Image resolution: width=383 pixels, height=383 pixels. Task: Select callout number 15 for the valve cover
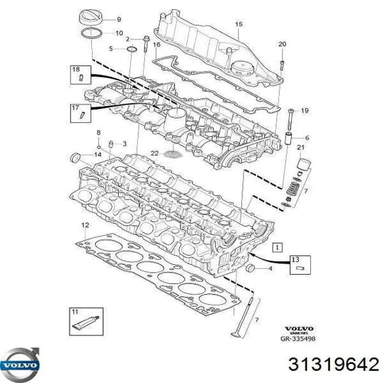click(x=238, y=24)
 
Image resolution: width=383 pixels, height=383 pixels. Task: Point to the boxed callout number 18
click(x=76, y=69)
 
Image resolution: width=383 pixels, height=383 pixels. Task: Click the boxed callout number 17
click(x=76, y=109)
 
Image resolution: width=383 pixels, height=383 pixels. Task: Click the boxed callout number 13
click(x=295, y=259)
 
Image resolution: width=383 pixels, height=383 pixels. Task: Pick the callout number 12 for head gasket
click(x=84, y=225)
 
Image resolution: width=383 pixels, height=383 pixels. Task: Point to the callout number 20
click(x=282, y=44)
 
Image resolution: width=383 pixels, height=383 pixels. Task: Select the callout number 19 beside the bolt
click(x=305, y=111)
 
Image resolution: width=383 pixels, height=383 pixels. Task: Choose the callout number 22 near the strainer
click(x=155, y=153)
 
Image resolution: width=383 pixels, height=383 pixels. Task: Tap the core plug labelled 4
click(x=251, y=268)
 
